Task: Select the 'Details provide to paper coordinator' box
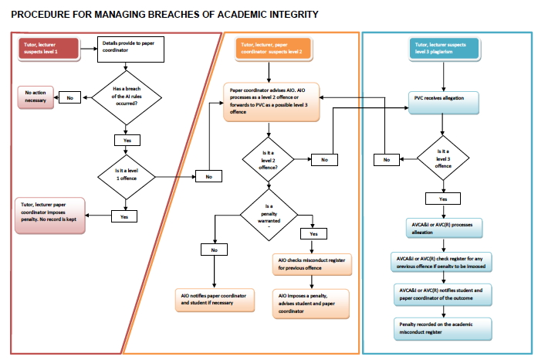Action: pyautogui.click(x=127, y=48)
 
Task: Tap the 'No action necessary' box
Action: pyautogui.click(x=36, y=97)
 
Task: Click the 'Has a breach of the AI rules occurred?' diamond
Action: pyautogui.click(x=127, y=97)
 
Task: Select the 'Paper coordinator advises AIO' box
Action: pyautogui.click(x=272, y=100)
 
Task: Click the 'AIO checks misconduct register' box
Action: pyautogui.click(x=310, y=264)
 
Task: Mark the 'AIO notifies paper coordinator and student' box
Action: pyautogui.click(x=214, y=300)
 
